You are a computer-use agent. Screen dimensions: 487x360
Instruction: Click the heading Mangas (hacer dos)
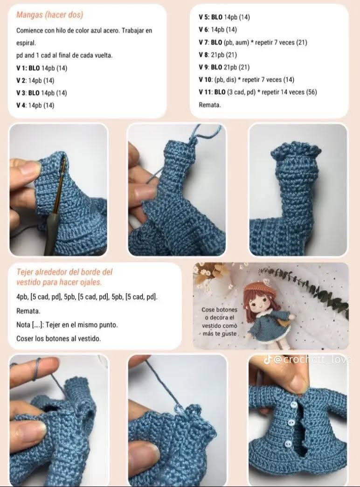pos(49,15)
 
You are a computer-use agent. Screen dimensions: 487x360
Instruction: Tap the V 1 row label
pos(22,68)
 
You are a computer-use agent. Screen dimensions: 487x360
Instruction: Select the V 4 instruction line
pos(35,105)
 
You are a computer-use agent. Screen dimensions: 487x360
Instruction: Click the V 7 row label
pos(205,42)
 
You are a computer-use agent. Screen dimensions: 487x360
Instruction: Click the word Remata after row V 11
pos(209,105)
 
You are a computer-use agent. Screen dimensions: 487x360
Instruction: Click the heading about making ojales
pos(64,277)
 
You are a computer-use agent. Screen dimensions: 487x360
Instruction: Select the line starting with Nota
pos(67,325)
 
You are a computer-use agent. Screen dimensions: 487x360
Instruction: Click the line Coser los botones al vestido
pos(58,339)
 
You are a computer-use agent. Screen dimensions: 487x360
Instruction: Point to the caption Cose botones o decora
pos(219,321)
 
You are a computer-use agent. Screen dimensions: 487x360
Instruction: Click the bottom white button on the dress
pos(288,444)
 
